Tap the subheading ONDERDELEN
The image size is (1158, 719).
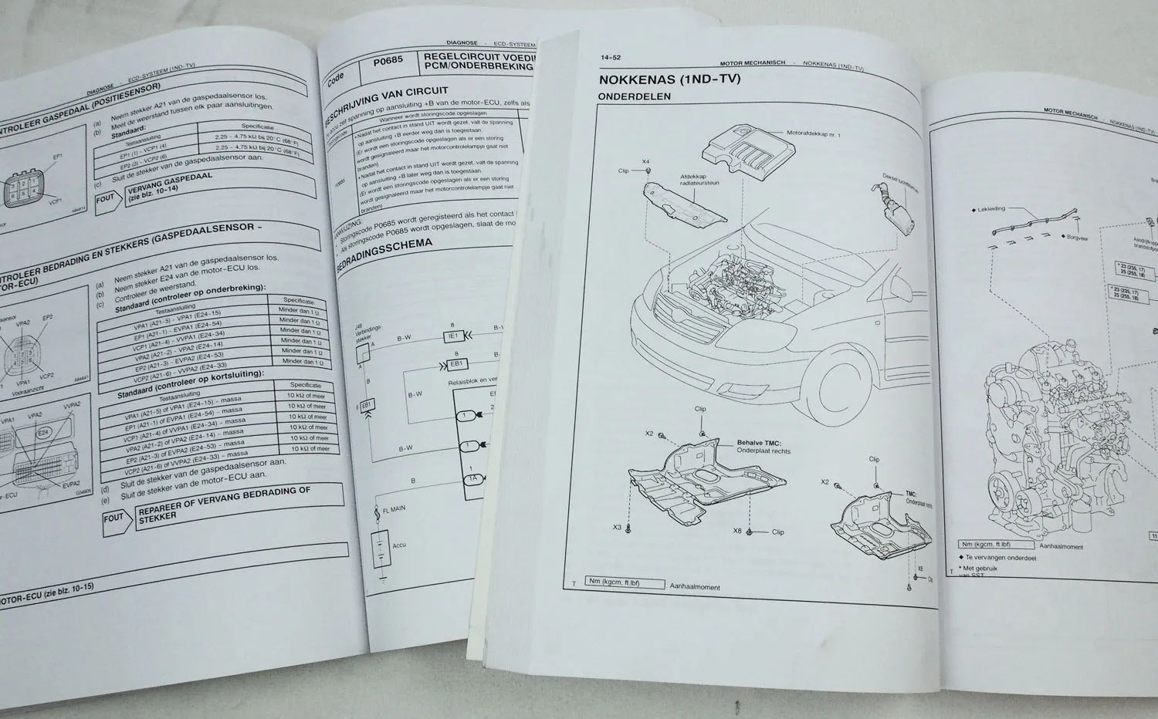635,97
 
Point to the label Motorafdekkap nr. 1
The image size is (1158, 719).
813,134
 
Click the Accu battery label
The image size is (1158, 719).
399,545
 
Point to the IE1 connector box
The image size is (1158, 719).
452,336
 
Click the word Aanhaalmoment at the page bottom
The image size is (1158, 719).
695,587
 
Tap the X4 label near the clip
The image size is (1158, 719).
646,161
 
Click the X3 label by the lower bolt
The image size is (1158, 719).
618,528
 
